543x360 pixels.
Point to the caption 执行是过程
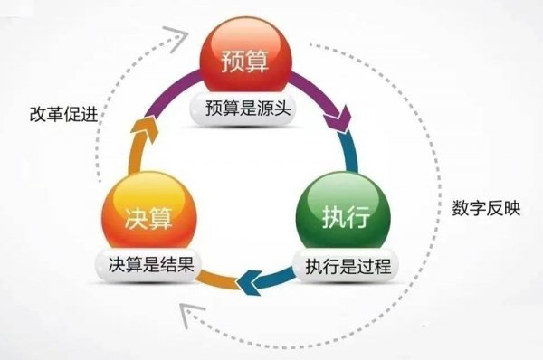click(x=338, y=266)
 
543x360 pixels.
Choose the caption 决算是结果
click(x=148, y=266)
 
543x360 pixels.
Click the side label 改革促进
click(x=61, y=115)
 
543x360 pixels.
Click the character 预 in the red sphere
click(x=232, y=63)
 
